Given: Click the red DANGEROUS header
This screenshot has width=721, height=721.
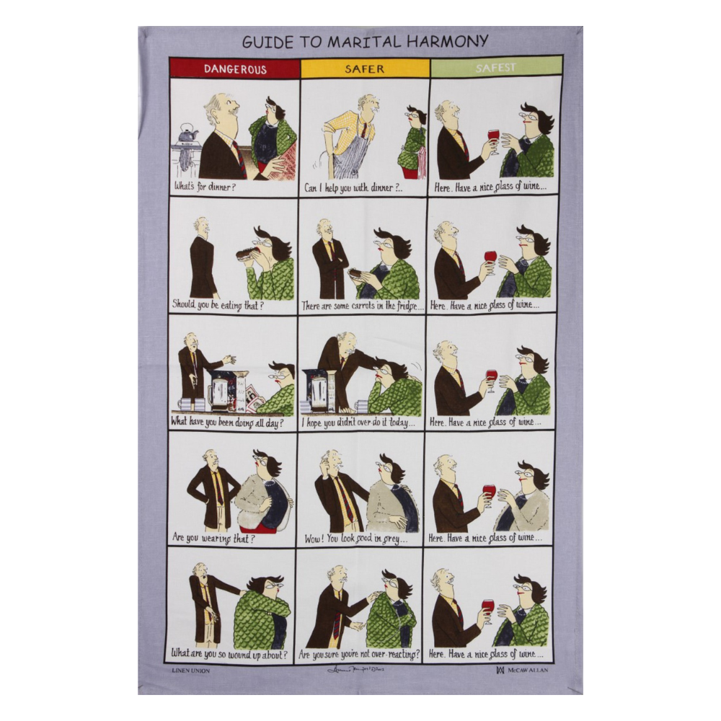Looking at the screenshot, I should [x=234, y=69].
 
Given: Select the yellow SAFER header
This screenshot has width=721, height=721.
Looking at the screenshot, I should [x=364, y=68].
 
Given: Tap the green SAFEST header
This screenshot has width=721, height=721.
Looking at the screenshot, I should [x=495, y=68].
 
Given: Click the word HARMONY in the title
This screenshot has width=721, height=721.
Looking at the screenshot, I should [x=451, y=41].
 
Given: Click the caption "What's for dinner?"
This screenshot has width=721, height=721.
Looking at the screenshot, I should [x=205, y=187].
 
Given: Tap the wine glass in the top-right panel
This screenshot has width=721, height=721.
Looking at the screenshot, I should [x=493, y=137].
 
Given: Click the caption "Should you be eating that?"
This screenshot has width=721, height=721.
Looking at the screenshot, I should [x=218, y=305].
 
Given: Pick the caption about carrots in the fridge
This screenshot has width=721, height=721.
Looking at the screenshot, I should [x=358, y=305].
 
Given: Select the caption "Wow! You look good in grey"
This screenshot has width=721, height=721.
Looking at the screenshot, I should [x=355, y=538].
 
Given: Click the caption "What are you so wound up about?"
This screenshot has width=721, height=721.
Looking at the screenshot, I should [x=229, y=655].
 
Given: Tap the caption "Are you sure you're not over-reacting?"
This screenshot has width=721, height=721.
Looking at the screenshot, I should [x=359, y=655].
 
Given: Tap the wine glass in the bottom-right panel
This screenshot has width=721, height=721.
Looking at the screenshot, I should [x=488, y=606].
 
